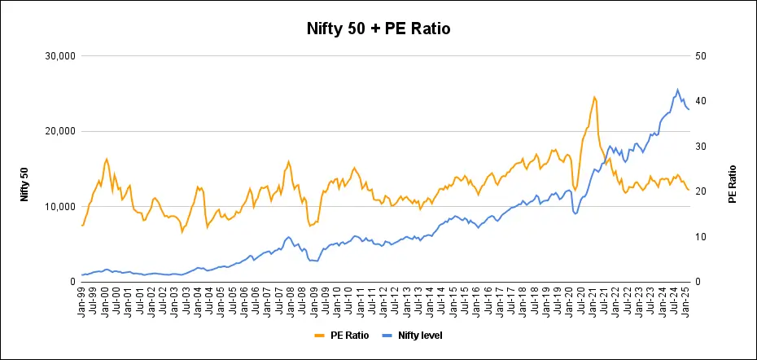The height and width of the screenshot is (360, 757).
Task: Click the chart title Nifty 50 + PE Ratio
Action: pyautogui.click(x=378, y=29)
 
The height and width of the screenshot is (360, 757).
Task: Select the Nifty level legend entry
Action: pyautogui.click(x=415, y=335)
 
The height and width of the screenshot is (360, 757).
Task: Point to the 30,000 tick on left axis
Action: pyautogui.click(x=59, y=56)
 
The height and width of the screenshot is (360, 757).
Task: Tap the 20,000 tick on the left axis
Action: pyautogui.click(x=59, y=131)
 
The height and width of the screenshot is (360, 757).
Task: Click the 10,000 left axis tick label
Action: pyautogui.click(x=59, y=207)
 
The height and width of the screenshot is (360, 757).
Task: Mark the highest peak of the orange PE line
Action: pyautogui.click(x=594, y=97)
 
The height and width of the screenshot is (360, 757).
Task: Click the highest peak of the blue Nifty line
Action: pyautogui.click(x=677, y=90)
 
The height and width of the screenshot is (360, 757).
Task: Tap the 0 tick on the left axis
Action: pyautogui.click(x=72, y=282)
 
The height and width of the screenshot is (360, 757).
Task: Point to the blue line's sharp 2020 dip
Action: pyautogui.click(x=575, y=213)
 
